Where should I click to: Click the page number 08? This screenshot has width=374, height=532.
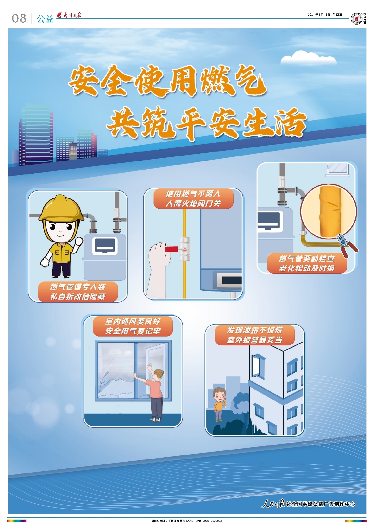pos(19,18)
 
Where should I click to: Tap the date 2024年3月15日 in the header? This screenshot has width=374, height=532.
pos(319,15)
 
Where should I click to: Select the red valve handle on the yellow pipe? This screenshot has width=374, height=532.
pos(171,249)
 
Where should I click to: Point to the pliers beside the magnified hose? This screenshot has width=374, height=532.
pos(347,245)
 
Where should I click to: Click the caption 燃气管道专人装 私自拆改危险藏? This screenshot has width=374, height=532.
pos(78,292)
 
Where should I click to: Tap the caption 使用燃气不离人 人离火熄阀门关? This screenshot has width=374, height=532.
pos(193,199)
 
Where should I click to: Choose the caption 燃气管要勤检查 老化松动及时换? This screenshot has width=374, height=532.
pos(307,263)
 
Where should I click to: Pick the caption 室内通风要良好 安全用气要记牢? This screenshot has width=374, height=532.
pos(133,326)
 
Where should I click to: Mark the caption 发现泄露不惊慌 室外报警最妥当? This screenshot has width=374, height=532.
pos(255,335)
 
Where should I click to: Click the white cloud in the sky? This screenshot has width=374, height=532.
pos(308,58)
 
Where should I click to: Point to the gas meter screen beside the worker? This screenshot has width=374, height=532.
pos(105,246)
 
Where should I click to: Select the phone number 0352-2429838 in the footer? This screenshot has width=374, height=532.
pos(212,521)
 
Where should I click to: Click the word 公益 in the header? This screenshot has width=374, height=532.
pos(45,19)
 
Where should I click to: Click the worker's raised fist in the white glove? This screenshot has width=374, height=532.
pos(79,241)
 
